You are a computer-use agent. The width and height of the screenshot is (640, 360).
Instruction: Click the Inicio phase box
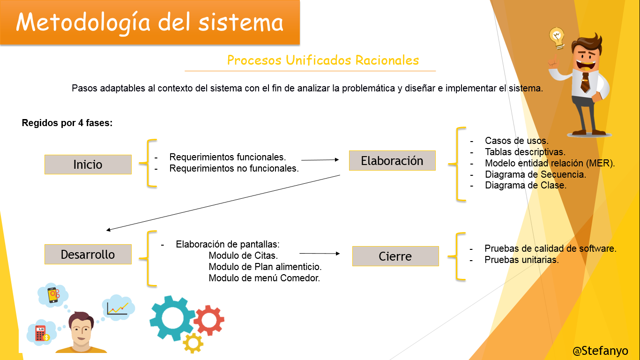coord(88,165)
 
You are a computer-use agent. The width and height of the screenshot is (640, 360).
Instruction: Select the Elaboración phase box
coord(392,160)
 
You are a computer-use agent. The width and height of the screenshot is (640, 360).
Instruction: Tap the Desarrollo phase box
coord(88,254)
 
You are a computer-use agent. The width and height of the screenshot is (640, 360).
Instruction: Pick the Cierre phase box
coord(395,256)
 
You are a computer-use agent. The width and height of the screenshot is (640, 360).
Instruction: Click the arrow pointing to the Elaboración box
coord(320,160)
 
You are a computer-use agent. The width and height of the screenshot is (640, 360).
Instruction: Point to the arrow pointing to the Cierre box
coord(320,253)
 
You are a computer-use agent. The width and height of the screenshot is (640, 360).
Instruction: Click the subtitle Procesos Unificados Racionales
coord(323,60)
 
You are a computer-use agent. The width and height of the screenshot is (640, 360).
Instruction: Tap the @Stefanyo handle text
coord(600,351)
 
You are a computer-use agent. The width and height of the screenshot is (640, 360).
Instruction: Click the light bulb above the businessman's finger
coord(557,38)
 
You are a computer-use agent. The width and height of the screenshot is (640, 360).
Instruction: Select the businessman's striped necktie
coord(585,82)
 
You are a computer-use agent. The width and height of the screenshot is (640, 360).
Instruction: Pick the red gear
coord(209,320)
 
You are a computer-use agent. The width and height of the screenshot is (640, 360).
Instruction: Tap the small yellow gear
coord(193,343)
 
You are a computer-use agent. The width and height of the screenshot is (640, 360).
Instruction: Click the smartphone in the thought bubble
coord(53,295)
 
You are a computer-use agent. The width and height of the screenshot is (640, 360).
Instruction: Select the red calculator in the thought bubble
coord(41,333)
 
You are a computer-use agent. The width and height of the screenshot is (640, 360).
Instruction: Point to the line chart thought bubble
coord(118,307)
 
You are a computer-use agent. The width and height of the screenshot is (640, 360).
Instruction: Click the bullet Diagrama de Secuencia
coord(536,174)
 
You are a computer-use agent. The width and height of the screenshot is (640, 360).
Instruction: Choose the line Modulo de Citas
coord(243,255)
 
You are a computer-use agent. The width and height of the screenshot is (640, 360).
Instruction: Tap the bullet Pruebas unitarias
coord(521,260)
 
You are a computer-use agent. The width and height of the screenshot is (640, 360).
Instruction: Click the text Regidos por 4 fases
coord(67,123)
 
